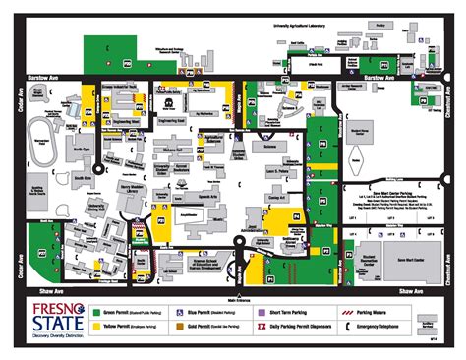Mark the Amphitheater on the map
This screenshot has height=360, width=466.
tap(186, 210)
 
